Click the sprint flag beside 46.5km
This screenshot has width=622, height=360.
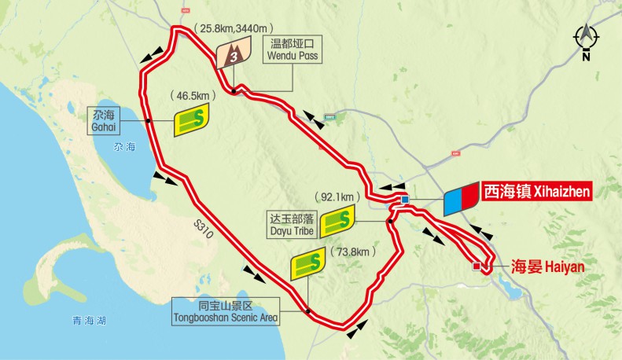tap(193, 120)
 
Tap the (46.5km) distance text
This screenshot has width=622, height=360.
tap(192, 95)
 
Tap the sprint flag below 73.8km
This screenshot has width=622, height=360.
tap(310, 265)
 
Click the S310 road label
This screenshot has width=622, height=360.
tap(204, 228)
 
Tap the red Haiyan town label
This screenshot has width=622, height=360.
tap(549, 266)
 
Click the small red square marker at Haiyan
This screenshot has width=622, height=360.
tap(476, 267)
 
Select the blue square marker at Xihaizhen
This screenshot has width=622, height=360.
tap(405, 200)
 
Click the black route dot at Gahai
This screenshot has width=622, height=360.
tap(148, 120)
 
